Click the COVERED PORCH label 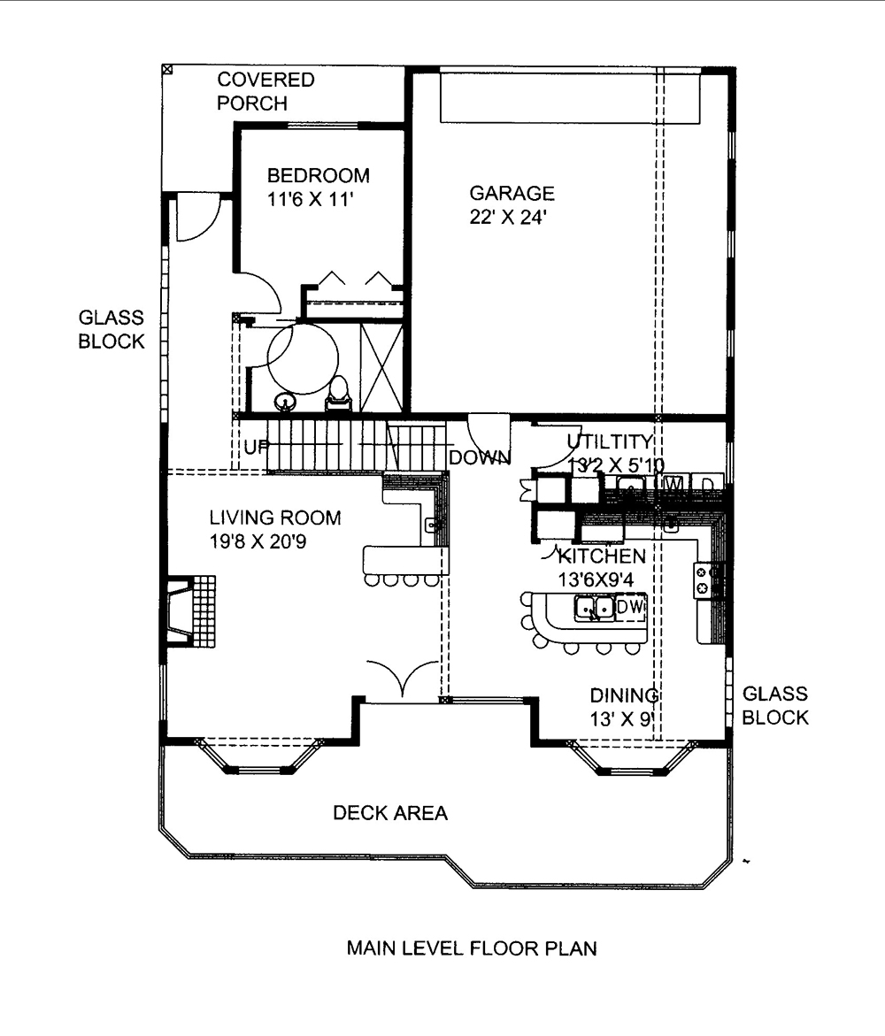pos(265,92)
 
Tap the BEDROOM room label pos(319,175)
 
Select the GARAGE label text pos(512,193)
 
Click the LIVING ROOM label pos(274,518)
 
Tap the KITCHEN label pos(601,556)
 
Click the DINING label pos(624,695)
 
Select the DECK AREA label pos(389,812)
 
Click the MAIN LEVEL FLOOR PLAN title pos(471,949)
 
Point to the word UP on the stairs pos(256,448)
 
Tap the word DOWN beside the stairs pos(480,457)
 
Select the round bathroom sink pos(284,403)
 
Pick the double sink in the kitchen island pos(594,608)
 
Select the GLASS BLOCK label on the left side pos(111,329)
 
